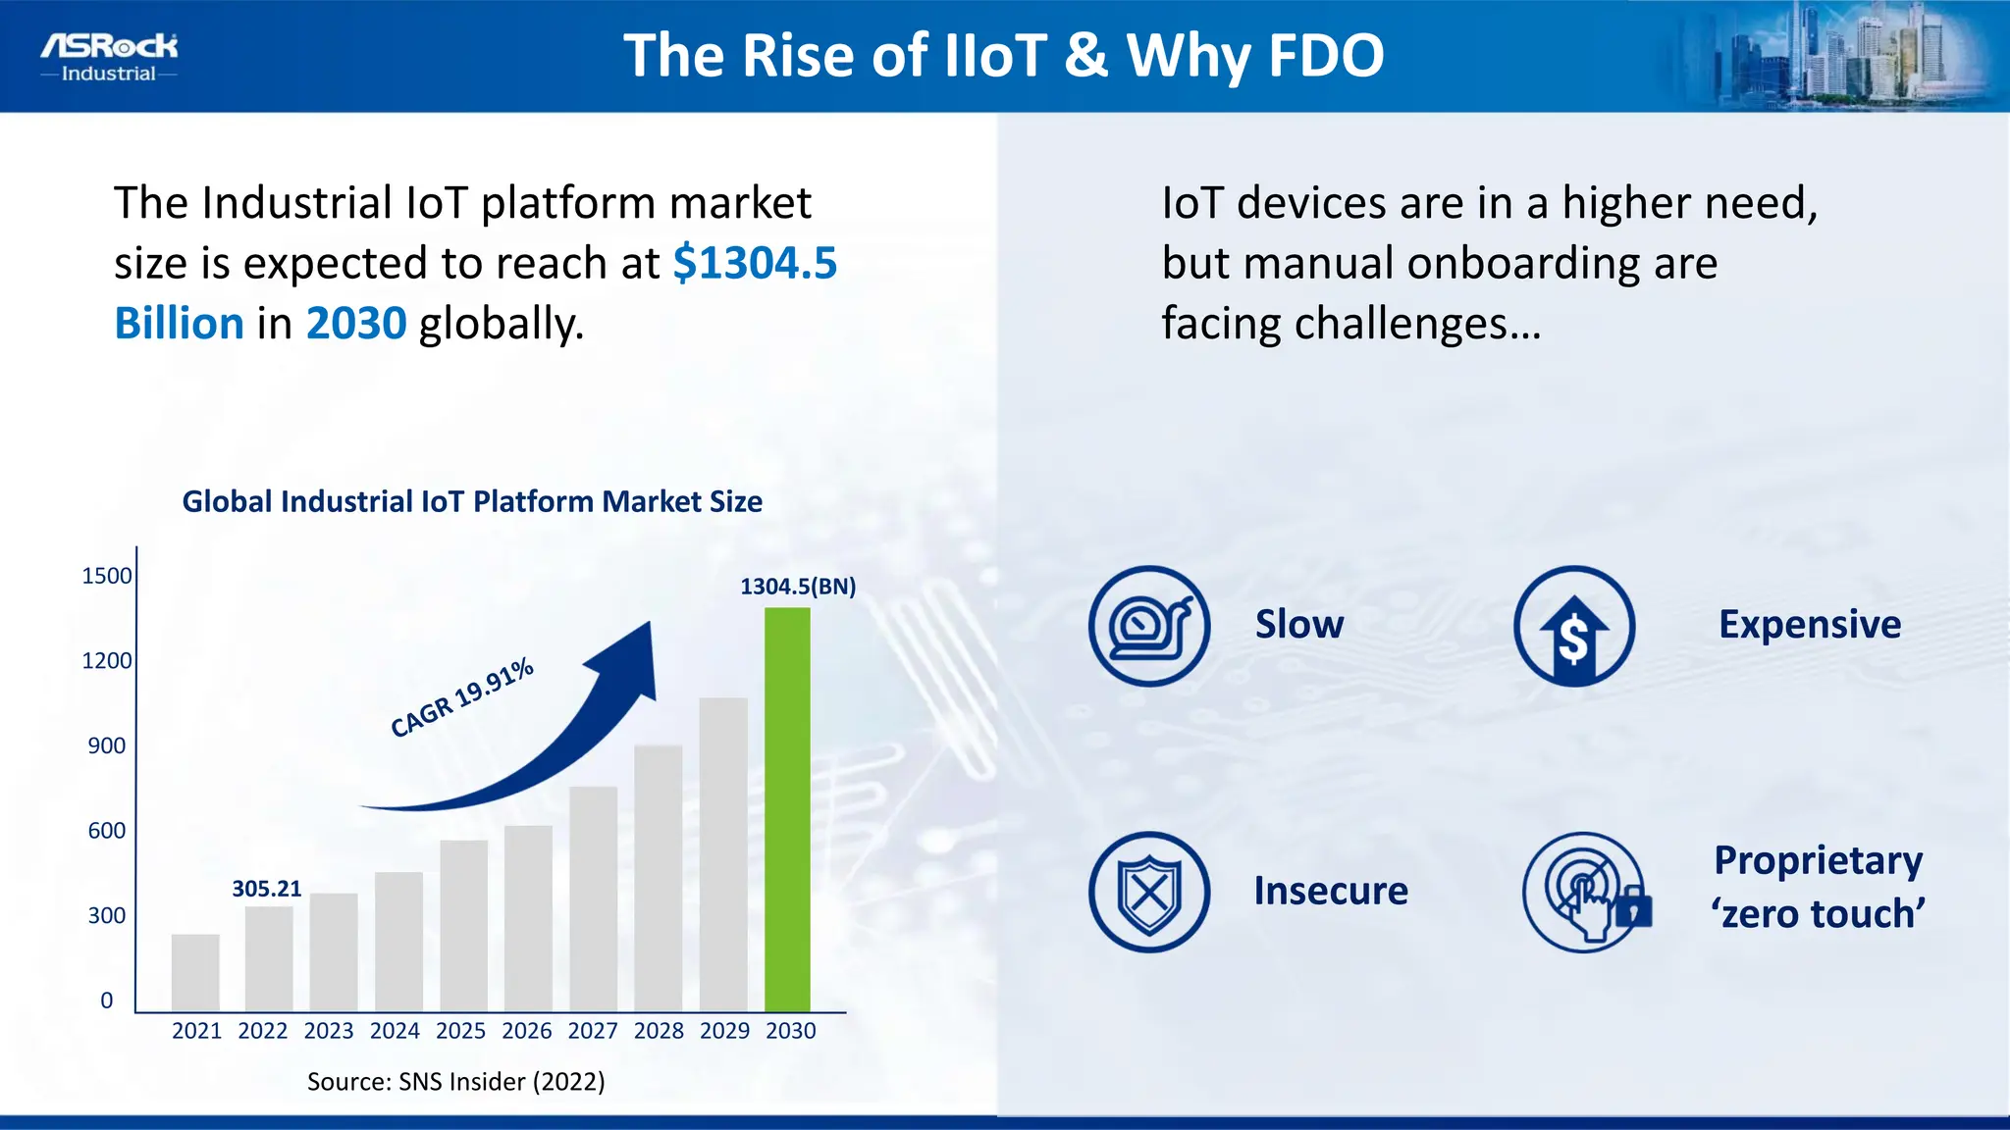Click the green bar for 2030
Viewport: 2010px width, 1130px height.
click(x=787, y=809)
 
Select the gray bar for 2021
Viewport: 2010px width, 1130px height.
click(x=195, y=972)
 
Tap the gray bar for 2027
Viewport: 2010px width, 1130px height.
click(x=593, y=898)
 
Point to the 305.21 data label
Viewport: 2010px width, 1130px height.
click(x=266, y=889)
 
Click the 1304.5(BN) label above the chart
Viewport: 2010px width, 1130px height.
click(x=797, y=587)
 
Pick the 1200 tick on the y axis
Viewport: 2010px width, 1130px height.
click(x=106, y=661)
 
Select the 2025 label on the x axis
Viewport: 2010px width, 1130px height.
click(x=460, y=1031)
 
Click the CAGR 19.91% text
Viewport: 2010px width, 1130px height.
click(x=461, y=697)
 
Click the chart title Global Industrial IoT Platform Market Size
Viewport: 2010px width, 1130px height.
click(x=472, y=501)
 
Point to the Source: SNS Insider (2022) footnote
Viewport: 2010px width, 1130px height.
click(x=455, y=1081)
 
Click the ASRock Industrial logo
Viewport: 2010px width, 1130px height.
click(x=109, y=58)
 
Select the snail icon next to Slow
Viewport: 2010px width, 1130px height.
click(x=1148, y=626)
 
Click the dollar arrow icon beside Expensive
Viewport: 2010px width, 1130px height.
click(x=1573, y=626)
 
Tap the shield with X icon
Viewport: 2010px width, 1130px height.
click(x=1148, y=892)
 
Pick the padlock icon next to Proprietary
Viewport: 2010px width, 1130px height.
click(x=1632, y=909)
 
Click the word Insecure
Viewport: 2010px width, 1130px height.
click(x=1330, y=891)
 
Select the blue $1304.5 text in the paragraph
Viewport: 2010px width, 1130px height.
click(x=754, y=263)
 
